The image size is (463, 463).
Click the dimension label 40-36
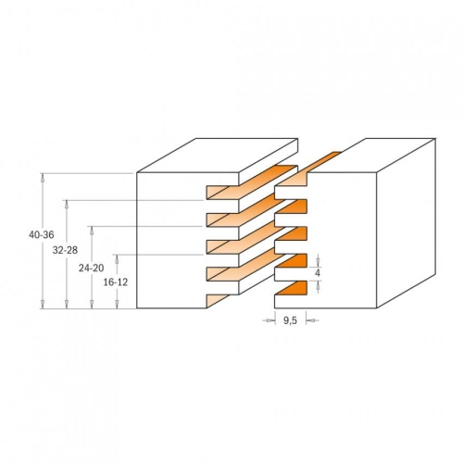[42, 235]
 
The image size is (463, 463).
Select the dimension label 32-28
[65, 250]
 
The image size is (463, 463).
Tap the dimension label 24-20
[91, 269]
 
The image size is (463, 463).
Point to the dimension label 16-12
[116, 282]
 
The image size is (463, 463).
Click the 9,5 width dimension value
[290, 321]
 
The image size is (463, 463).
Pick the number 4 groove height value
[318, 273]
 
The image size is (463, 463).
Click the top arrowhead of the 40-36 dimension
[44, 178]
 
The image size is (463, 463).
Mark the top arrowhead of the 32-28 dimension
[67, 204]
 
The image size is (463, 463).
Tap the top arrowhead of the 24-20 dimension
[92, 231]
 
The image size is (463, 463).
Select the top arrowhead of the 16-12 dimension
[117, 258]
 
